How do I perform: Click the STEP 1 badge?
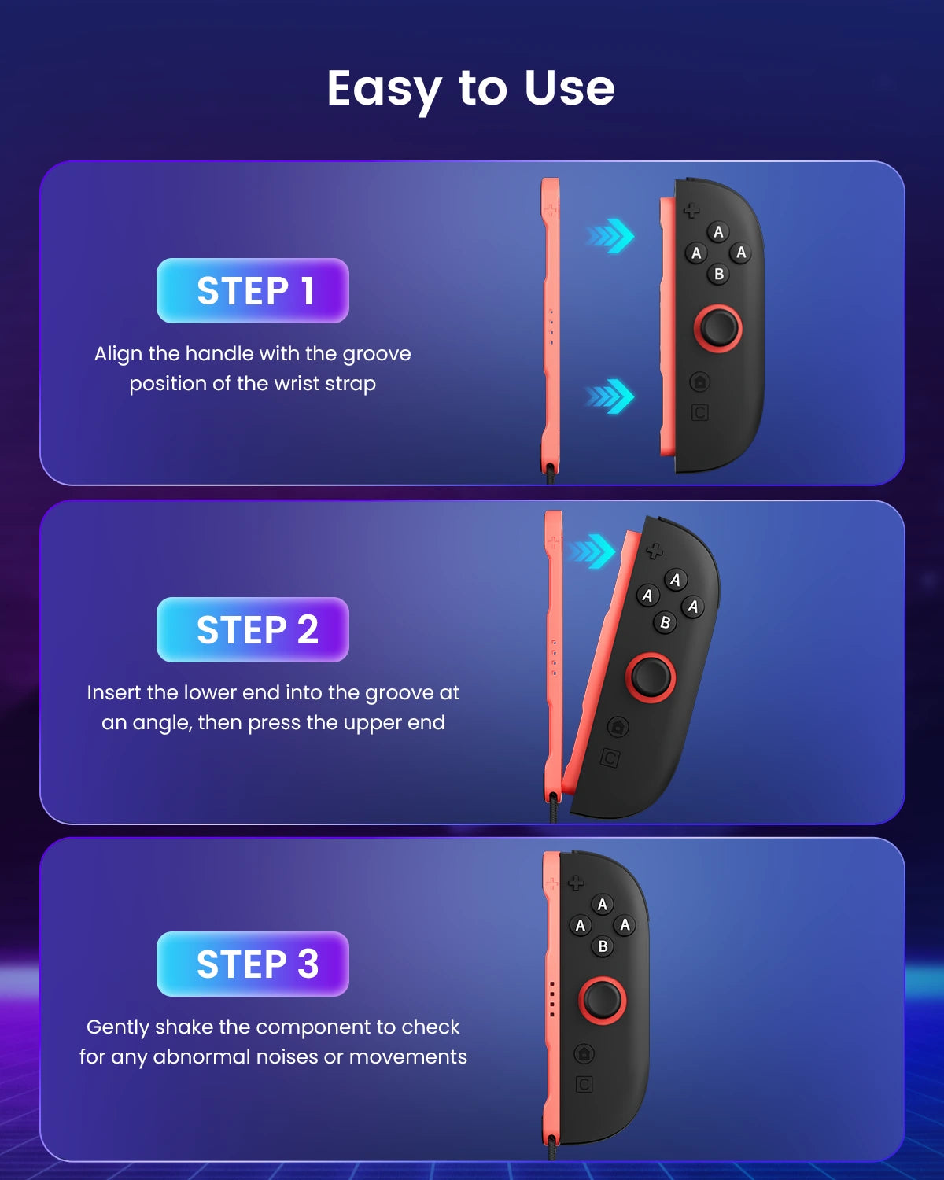point(253,290)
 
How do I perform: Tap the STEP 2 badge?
point(253,629)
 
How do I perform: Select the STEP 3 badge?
point(253,964)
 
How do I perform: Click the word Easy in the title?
point(384,90)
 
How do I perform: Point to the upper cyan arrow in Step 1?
point(610,236)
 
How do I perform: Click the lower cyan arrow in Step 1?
point(610,396)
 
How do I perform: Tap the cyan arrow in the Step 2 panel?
point(592,551)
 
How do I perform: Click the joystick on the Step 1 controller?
point(718,328)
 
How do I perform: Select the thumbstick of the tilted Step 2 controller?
point(651,677)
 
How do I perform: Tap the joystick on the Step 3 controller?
point(603,1000)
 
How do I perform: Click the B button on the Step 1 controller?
point(718,274)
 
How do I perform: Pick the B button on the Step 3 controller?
point(603,946)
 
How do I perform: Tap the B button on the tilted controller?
point(665,622)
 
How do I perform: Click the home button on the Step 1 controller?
point(700,382)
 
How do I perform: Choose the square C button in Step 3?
point(584,1084)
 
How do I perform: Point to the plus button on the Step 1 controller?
point(691,210)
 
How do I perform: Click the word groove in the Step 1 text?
point(377,354)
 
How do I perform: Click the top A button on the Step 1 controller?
point(718,232)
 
